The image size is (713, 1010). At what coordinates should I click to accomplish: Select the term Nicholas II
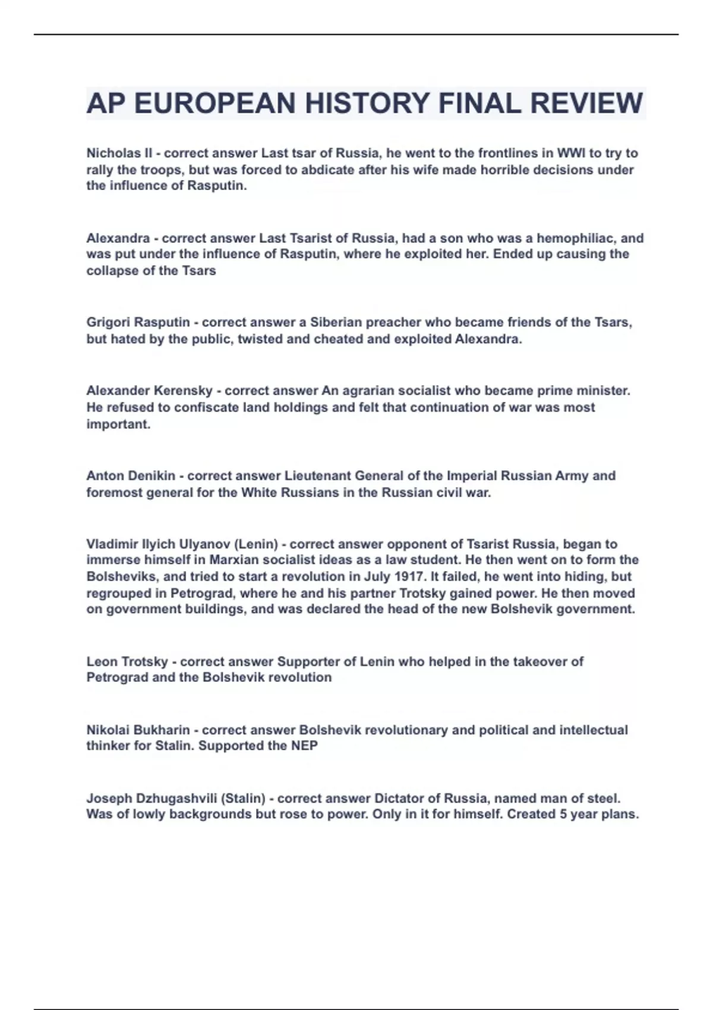point(119,153)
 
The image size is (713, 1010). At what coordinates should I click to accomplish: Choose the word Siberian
point(336,323)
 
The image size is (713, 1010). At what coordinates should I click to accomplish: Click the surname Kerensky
point(183,391)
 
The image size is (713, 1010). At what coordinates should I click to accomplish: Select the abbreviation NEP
point(304,746)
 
